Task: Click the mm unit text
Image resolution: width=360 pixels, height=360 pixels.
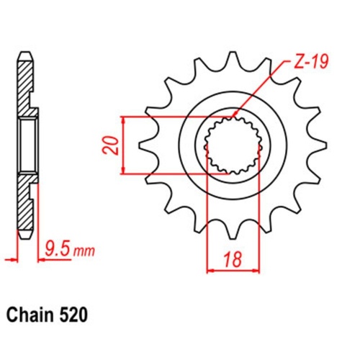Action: [x=84, y=251]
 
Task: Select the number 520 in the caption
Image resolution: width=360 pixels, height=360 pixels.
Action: [x=76, y=315]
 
